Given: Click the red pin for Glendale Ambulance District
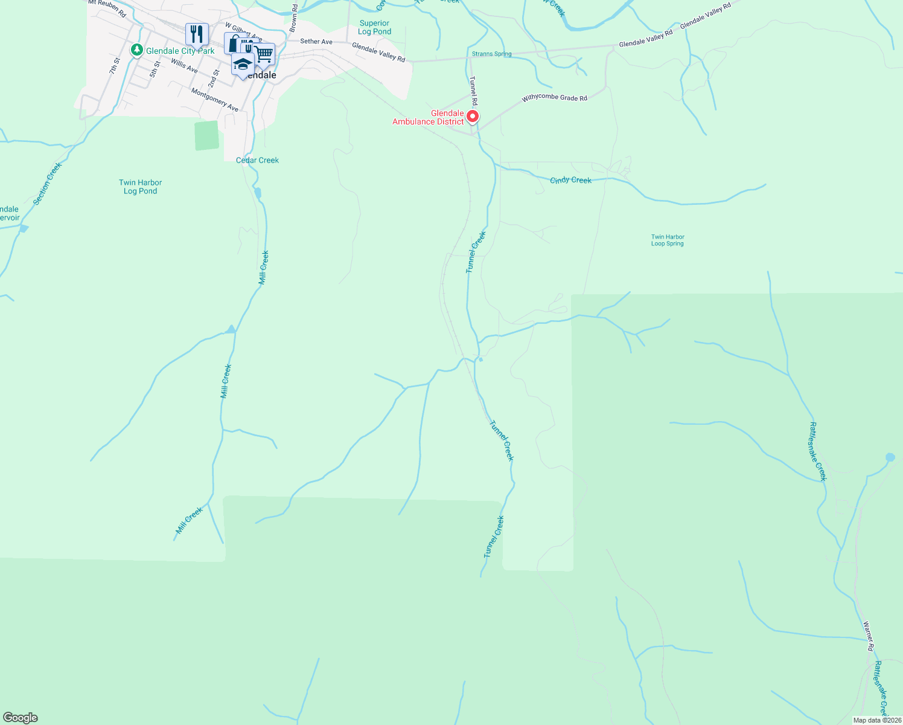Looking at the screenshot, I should (x=473, y=116).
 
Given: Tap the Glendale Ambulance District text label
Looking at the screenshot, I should (x=428, y=117).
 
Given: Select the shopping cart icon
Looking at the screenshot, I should (x=264, y=54).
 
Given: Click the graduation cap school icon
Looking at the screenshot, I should (x=243, y=64).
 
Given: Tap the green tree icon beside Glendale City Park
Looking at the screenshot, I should (x=138, y=50).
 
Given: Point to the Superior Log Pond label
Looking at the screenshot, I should (x=374, y=27).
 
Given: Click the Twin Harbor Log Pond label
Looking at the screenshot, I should (x=140, y=187).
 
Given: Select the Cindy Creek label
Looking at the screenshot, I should (x=570, y=180).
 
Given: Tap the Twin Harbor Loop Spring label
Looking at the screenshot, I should (x=668, y=240).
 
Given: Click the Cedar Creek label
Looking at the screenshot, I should (x=257, y=160).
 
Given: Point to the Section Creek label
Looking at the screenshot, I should (x=48, y=184).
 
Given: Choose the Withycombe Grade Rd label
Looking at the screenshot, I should (x=554, y=97).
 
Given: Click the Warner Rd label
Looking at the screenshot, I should (x=869, y=636).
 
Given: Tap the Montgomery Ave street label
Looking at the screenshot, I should (x=214, y=100).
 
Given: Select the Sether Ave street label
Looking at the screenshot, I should (x=316, y=42).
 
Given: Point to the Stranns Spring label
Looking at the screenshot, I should (x=491, y=54).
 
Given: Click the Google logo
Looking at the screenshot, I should (x=20, y=718).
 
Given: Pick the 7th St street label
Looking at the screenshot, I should (x=115, y=66).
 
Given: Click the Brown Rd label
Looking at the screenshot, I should (x=293, y=18).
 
